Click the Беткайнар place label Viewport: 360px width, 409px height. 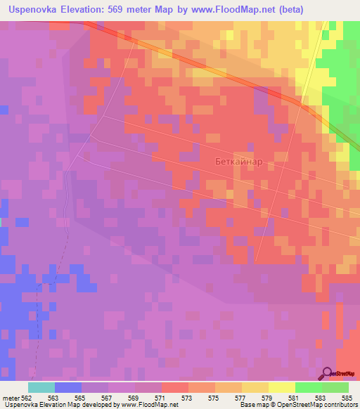pyautogui.click(x=238, y=161)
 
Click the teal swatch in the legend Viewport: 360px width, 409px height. pyautogui.click(x=41, y=387)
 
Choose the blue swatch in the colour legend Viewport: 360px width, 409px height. pyautogui.click(x=68, y=387)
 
